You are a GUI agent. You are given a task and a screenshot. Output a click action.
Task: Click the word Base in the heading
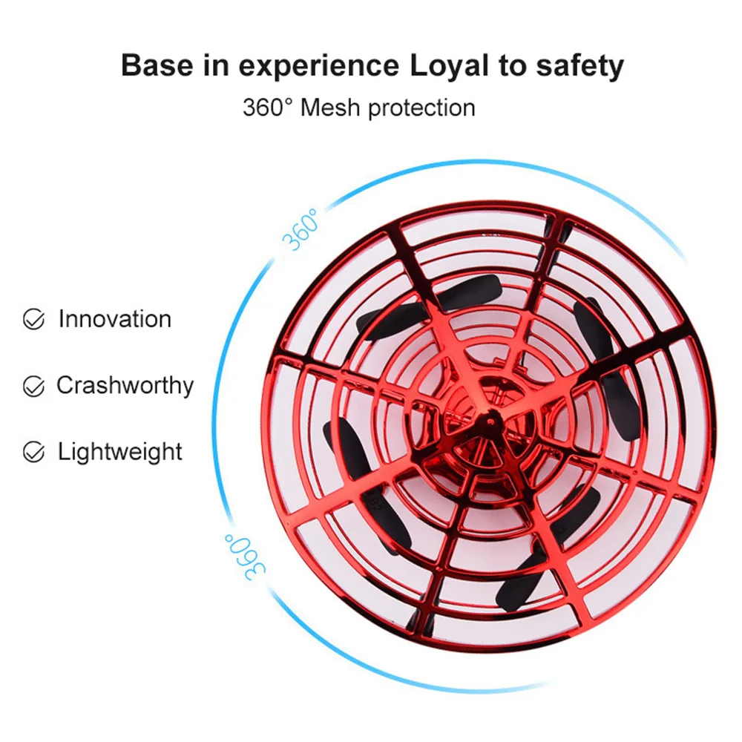pos(157,65)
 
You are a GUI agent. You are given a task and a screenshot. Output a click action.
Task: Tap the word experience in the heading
pos(319,66)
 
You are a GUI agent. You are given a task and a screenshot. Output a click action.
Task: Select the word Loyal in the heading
pos(449,66)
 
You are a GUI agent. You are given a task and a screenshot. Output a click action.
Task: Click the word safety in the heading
pos(580,66)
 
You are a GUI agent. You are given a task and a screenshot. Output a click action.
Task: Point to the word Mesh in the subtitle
pos(330,108)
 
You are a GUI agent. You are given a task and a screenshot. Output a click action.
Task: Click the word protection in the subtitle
pos(421,108)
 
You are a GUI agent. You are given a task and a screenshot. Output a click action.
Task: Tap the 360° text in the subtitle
pos(268,108)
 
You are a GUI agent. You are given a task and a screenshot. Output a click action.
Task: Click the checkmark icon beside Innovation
pos(33,319)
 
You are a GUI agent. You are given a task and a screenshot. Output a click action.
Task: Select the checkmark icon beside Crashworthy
pos(33,386)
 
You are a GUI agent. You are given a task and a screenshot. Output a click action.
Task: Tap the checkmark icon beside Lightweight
pos(33,451)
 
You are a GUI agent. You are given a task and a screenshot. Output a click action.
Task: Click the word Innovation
pos(114,319)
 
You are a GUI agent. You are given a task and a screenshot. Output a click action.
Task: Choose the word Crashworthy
pos(125,386)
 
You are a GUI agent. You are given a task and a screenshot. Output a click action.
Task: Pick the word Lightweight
pos(119,452)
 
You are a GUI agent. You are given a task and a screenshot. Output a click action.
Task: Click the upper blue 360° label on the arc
pos(300,229)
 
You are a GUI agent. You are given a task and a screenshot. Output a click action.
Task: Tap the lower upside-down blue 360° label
pos(245,557)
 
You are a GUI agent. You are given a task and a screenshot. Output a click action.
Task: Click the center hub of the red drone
pos(490,420)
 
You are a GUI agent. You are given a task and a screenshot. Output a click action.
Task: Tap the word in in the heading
pos(215,65)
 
